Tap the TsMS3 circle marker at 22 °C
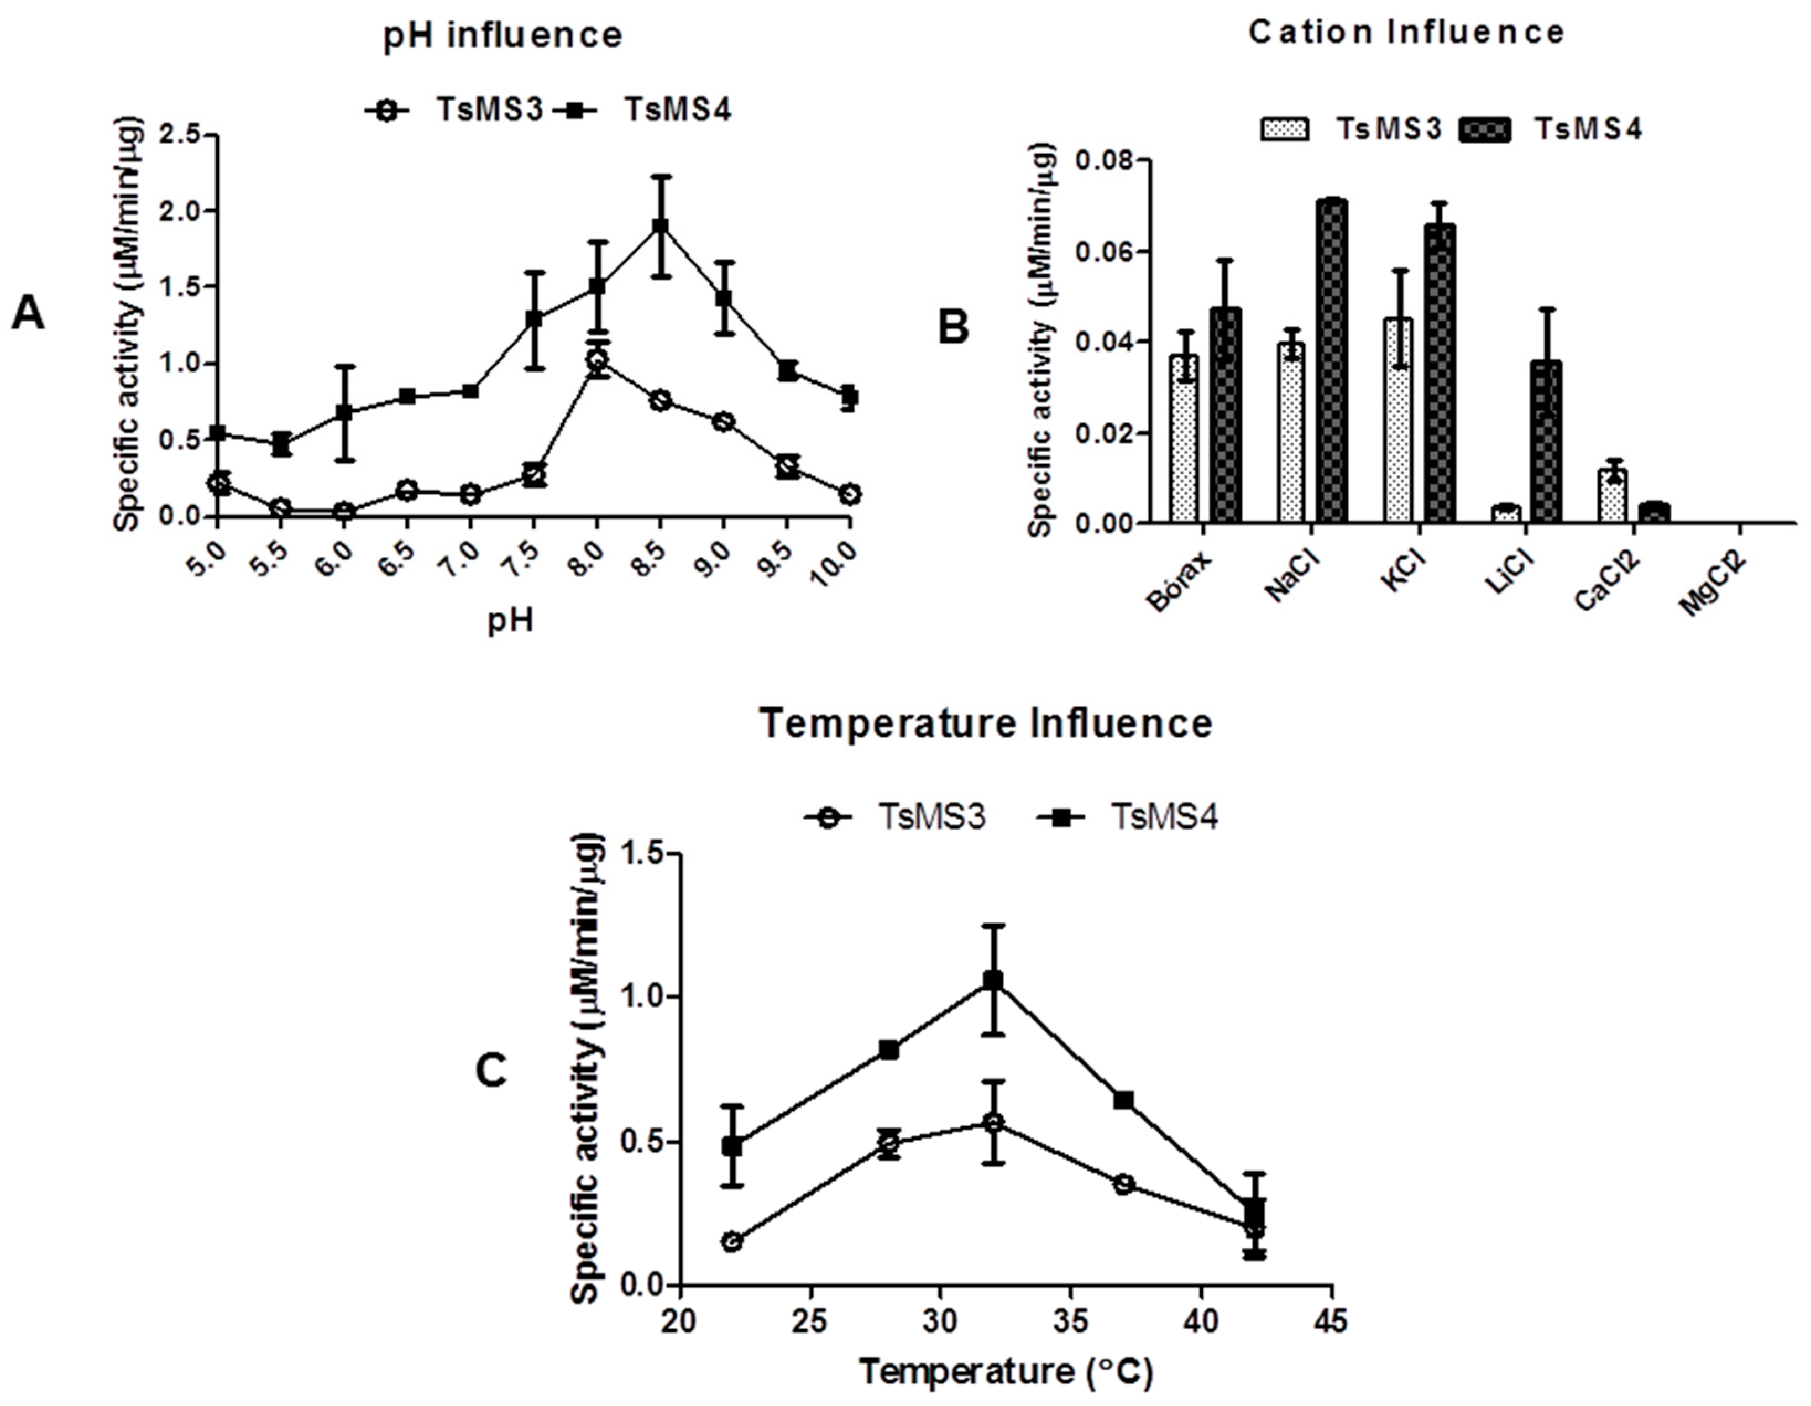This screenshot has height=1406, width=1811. tap(731, 1242)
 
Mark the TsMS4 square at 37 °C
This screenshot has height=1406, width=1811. tap(1123, 1100)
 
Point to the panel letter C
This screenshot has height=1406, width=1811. tap(492, 1072)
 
